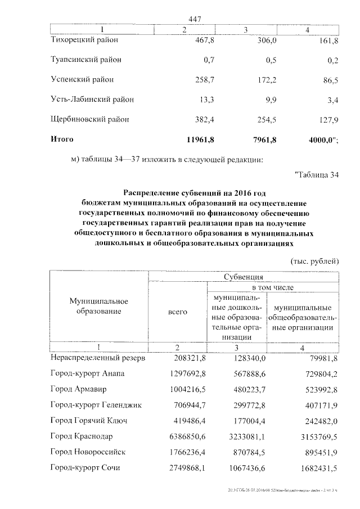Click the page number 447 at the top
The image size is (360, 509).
(195, 19)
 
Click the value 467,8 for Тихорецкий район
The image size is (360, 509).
(192, 40)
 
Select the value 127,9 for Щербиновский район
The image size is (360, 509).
(327, 119)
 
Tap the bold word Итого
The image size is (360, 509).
(62, 138)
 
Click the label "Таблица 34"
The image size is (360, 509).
(317, 175)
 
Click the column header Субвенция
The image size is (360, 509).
(244, 277)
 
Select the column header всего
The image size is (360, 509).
(178, 312)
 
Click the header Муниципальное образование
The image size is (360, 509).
(99, 307)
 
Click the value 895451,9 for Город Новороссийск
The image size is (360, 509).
(320, 452)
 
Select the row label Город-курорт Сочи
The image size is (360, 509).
(85, 468)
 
